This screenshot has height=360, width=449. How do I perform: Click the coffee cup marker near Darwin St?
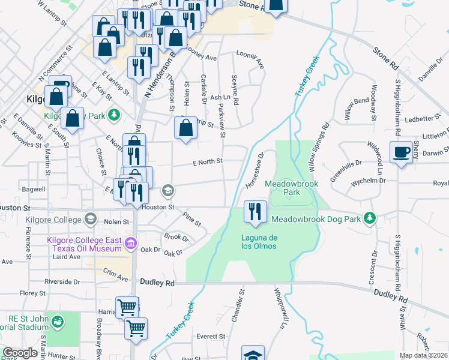coord(400,152)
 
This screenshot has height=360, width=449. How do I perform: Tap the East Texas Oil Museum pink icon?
coord(130,244)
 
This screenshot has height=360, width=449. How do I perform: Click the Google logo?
coord(20,353)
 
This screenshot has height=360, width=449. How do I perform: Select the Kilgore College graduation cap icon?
coord(90,219)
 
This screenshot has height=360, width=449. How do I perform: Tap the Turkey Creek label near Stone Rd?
coord(305,79)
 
